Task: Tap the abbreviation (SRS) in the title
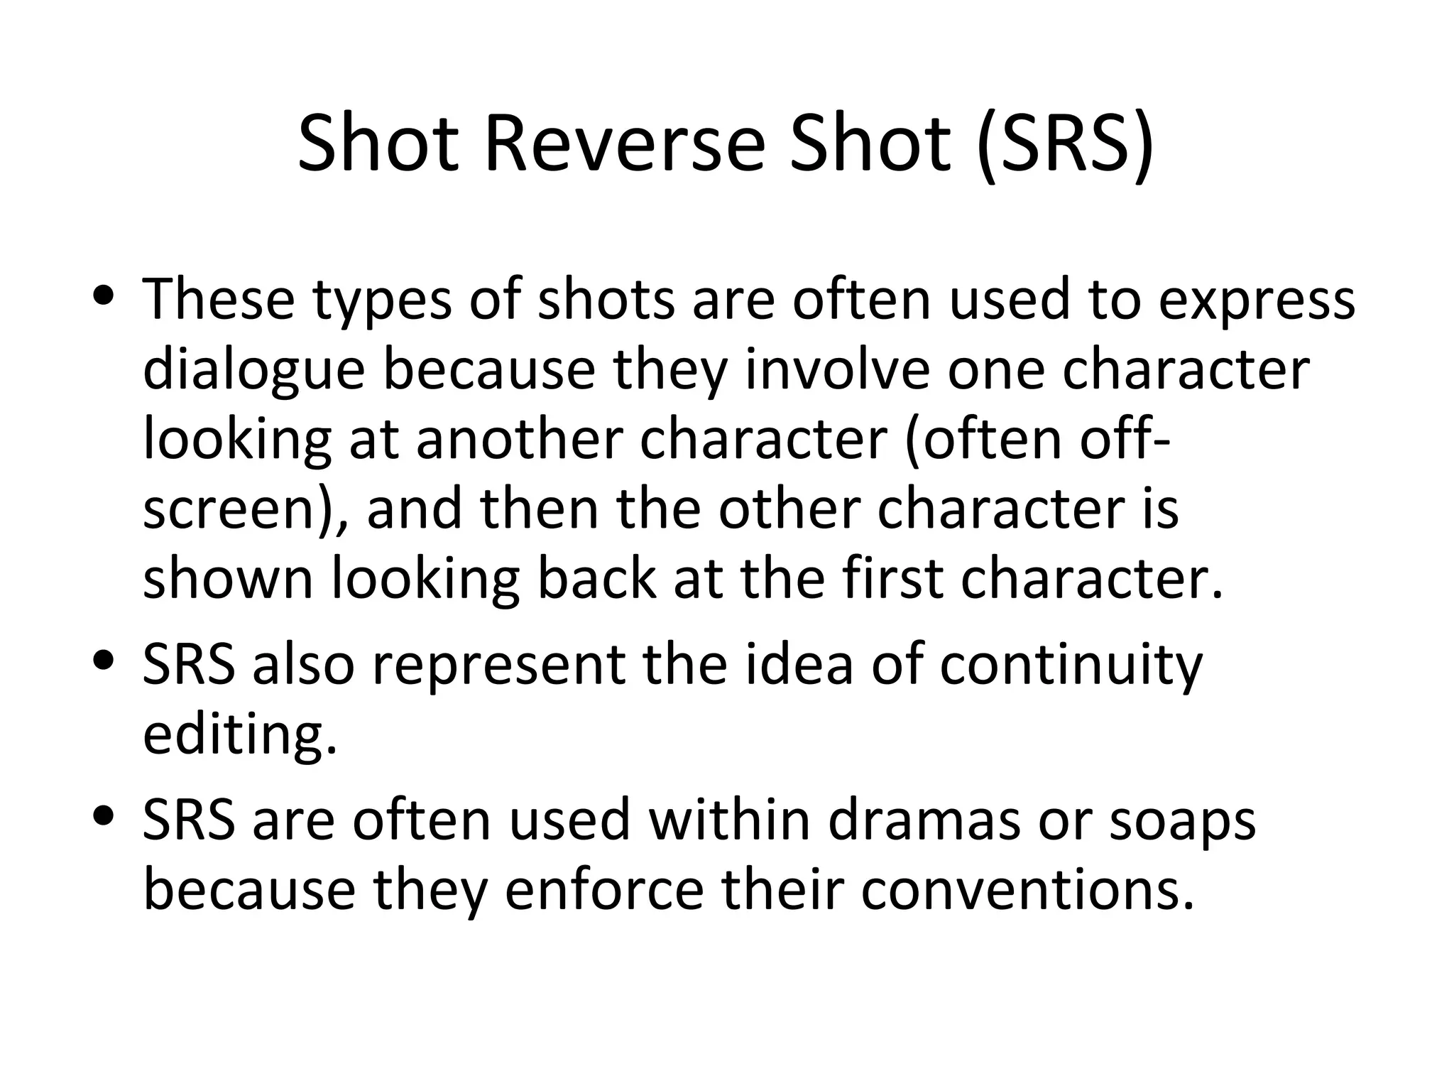(1066, 145)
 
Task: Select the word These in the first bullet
(219, 299)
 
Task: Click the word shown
(228, 578)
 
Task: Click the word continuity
(1072, 666)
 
